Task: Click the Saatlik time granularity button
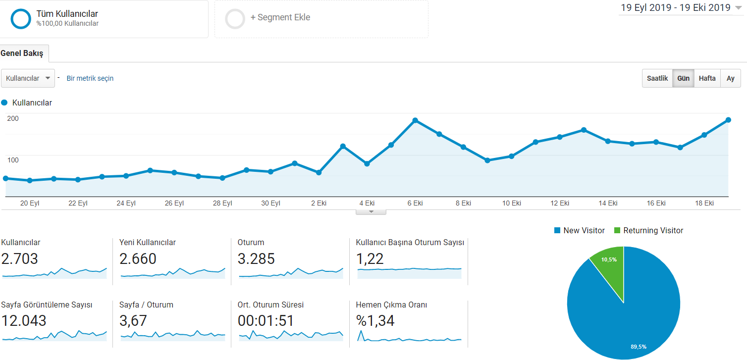657,78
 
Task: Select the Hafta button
707,78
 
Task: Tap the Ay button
730,78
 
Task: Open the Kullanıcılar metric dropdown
28,78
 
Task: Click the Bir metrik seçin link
90,78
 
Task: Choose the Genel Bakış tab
22,53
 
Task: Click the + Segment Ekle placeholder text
280,17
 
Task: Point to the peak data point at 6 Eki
415,120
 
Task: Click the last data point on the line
728,120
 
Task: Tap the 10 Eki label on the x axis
512,203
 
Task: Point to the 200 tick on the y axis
13,118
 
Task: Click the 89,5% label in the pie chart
639,347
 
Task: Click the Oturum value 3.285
256,258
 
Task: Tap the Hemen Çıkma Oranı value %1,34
375,321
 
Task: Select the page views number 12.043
24,321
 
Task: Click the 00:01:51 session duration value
266,321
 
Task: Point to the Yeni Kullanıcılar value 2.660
138,258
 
